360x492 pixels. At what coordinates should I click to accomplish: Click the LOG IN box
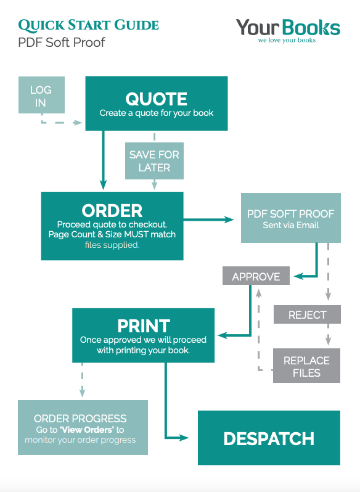click(x=41, y=95)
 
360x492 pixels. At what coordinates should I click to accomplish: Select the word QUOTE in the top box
click(x=156, y=99)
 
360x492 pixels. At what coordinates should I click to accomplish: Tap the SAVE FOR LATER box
click(x=154, y=161)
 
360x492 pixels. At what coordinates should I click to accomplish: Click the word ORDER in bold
click(x=112, y=210)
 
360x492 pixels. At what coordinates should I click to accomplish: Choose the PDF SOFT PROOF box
click(x=291, y=218)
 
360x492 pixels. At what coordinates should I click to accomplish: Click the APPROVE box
click(x=256, y=276)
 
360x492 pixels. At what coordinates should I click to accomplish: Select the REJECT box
click(x=307, y=314)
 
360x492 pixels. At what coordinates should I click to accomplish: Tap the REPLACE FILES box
click(x=307, y=366)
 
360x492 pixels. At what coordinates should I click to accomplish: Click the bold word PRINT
click(x=144, y=326)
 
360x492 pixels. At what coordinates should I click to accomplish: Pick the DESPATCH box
click(x=269, y=438)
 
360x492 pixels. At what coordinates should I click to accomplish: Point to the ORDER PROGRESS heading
click(x=80, y=419)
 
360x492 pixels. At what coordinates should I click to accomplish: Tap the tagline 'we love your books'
click(x=287, y=40)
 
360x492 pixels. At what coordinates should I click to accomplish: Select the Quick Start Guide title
click(x=88, y=25)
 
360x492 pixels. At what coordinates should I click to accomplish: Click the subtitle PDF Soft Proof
click(x=62, y=43)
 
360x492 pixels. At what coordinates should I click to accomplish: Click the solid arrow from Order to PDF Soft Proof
click(x=208, y=219)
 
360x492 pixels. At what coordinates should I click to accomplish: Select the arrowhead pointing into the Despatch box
click(x=184, y=437)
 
